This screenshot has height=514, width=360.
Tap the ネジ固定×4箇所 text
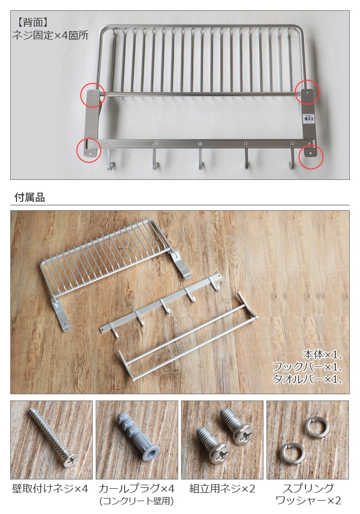point(50,35)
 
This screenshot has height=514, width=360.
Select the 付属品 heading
point(29,197)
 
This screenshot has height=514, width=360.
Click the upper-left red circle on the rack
point(93,95)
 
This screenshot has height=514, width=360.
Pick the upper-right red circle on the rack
point(307,92)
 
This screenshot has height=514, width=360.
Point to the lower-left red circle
point(88,150)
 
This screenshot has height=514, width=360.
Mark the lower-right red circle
point(311,157)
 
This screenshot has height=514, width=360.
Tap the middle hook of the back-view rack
point(201,159)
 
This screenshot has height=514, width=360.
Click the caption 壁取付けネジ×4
point(50,488)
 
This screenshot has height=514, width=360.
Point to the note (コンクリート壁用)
point(136,501)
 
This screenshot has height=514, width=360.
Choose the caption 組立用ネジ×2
point(222,488)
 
